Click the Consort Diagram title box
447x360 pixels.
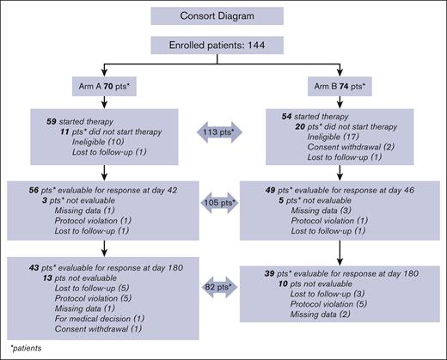pos(225,15)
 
